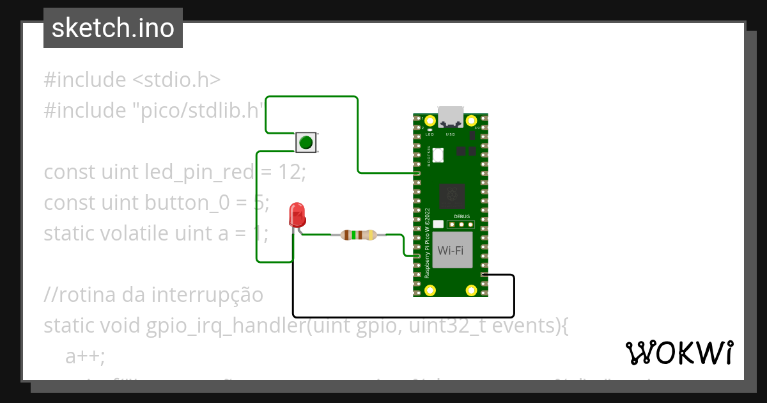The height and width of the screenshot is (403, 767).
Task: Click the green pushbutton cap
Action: pos(306,142)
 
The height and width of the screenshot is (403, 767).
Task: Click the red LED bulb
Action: pos(297,214)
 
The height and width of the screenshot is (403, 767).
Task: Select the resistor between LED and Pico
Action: pos(359,235)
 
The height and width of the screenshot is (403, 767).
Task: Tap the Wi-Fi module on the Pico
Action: pos(451,250)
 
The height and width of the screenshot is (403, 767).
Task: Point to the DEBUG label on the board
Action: pos(461,217)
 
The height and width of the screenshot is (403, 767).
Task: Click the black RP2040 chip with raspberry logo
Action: pos(452,194)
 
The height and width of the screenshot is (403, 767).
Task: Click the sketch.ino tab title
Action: pos(113,28)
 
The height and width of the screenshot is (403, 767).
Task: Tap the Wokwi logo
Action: pos(679,352)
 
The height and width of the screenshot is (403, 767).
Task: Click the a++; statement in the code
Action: pos(86,356)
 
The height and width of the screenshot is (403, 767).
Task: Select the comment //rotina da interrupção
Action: pos(153,295)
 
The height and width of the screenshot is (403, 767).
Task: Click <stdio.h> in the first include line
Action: pos(176,80)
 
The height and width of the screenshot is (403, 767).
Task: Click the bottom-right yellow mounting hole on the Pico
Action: pos(471,290)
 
